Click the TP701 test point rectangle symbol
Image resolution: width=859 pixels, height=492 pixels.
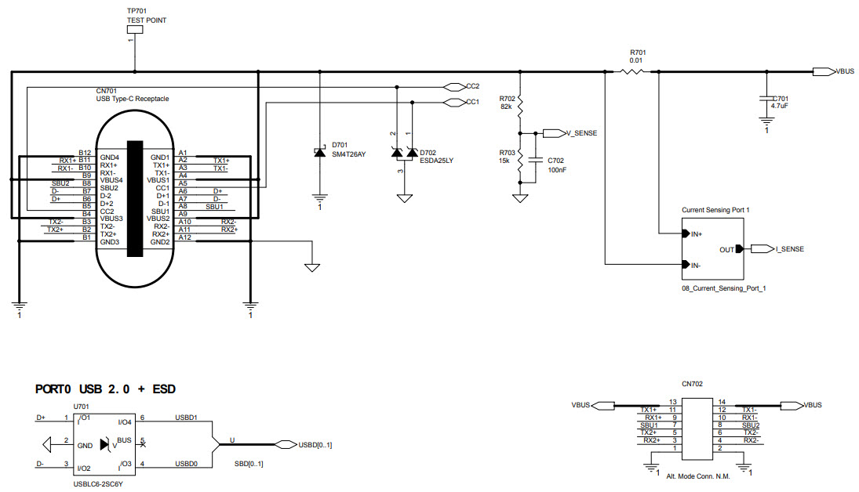[135, 31]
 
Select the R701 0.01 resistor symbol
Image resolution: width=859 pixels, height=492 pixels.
[632, 72]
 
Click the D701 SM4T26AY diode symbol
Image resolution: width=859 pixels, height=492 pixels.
[319, 152]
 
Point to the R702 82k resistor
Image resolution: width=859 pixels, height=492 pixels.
[519, 103]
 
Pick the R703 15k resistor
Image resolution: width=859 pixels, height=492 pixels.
[519, 161]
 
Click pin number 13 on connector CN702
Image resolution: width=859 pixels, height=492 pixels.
[672, 401]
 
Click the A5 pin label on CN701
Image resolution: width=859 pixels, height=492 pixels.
[183, 183]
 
